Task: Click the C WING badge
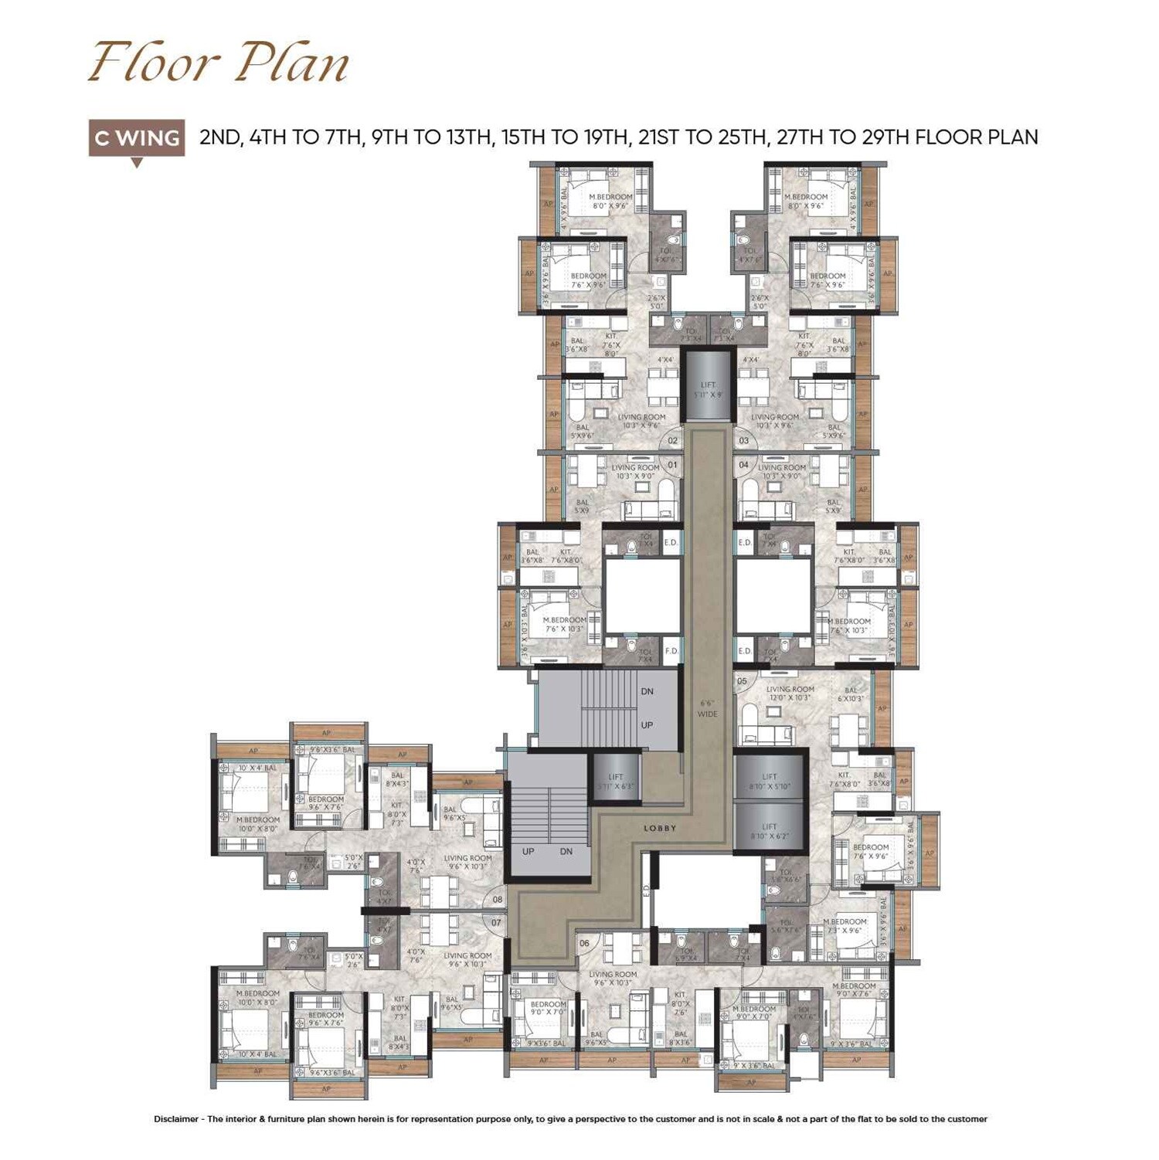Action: click(137, 138)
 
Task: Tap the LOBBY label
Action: click(660, 828)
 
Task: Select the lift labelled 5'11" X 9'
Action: click(709, 389)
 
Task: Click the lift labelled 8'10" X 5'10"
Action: click(769, 781)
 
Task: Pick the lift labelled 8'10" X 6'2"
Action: click(769, 830)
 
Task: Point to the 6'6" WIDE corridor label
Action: click(707, 708)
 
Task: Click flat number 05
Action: click(742, 681)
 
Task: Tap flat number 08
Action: click(497, 899)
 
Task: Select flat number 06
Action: click(584, 943)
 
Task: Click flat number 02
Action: click(672, 441)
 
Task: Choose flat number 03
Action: click(743, 441)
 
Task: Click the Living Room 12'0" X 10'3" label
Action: click(790, 693)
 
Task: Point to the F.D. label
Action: click(671, 651)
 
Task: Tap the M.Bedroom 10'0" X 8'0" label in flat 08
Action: click(258, 824)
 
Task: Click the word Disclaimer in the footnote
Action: click(175, 1119)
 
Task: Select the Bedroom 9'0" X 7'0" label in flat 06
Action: click(547, 1008)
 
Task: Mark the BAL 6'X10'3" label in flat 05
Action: click(851, 694)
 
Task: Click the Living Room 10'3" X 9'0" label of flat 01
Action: click(635, 471)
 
